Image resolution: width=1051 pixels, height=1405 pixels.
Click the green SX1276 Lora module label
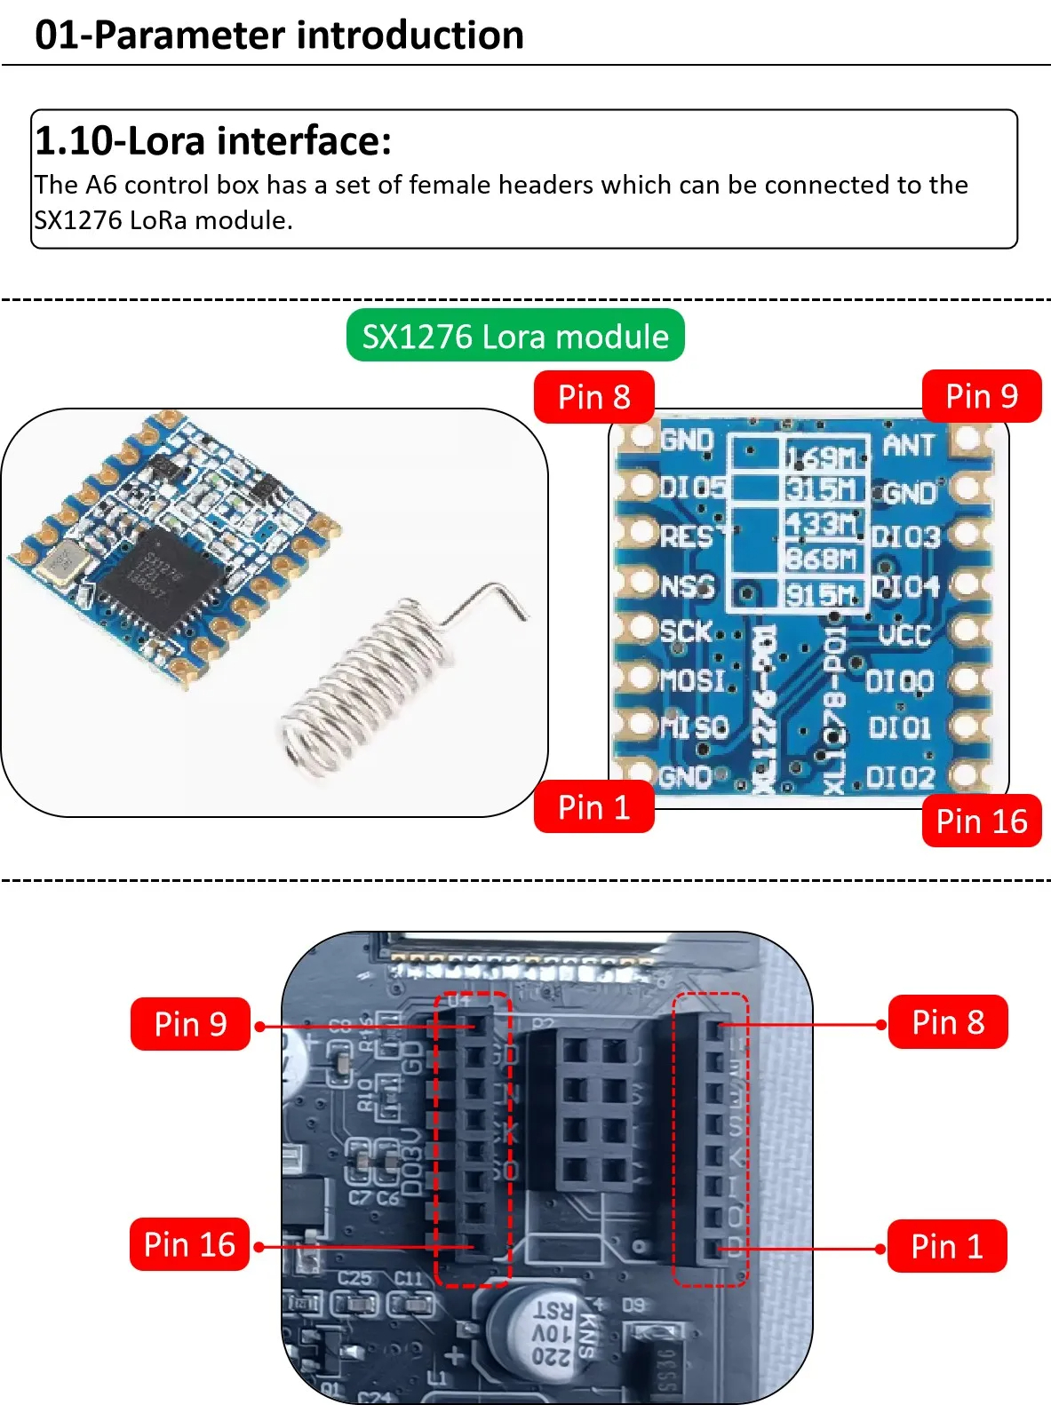[515, 336]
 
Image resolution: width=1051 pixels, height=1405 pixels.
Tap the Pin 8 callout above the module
[593, 396]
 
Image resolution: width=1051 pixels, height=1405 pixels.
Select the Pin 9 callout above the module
[981, 396]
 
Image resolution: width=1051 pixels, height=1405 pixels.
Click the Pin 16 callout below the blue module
[981, 821]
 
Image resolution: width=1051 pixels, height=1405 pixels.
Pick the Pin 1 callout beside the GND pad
[593, 806]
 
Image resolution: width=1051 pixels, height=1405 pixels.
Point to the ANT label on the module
[908, 445]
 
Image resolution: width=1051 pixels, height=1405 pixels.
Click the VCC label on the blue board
[904, 634]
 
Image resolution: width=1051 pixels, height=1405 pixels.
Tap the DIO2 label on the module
[900, 777]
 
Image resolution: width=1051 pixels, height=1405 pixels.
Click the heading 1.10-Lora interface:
[213, 140]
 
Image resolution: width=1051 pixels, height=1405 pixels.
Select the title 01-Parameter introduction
[279, 36]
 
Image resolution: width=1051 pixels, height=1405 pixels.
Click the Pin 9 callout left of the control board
[190, 1023]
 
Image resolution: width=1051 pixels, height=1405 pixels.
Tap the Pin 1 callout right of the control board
[947, 1246]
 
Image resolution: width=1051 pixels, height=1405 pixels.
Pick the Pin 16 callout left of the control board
[190, 1244]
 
